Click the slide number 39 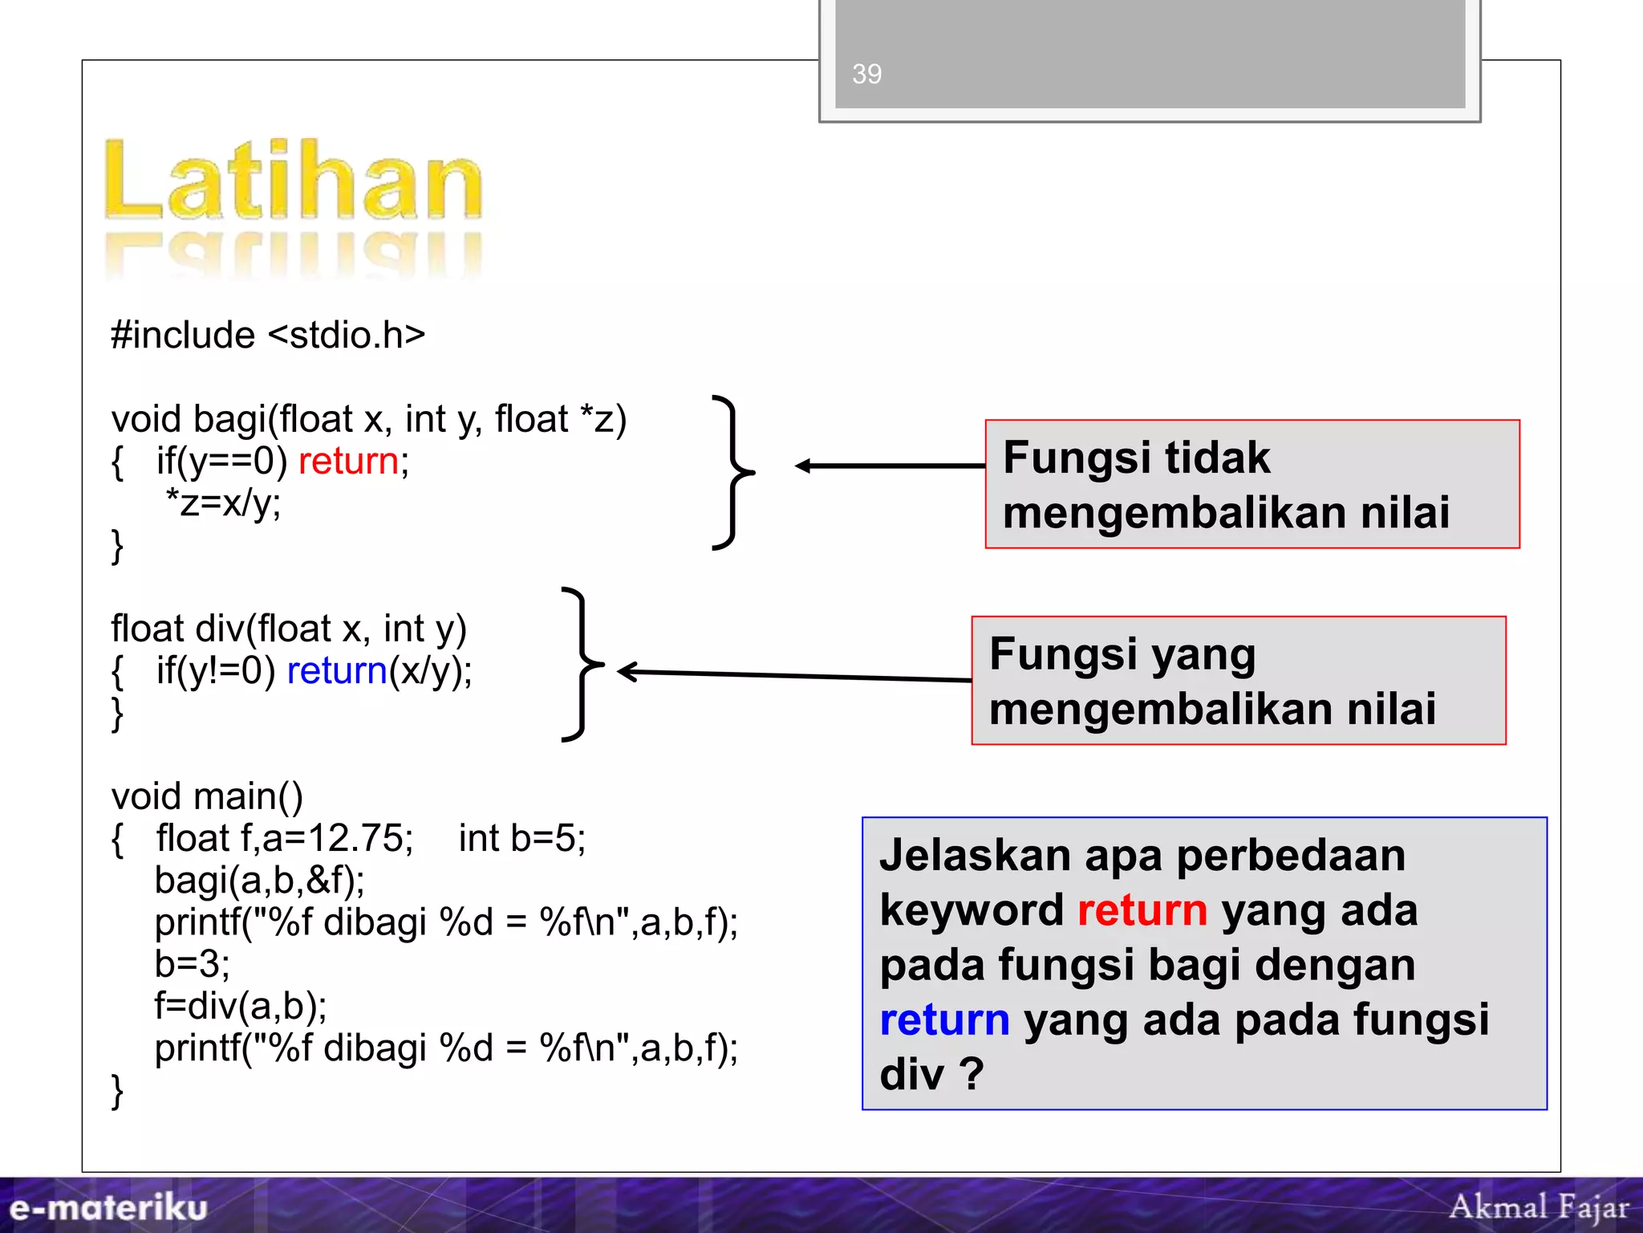[866, 74]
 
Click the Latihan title [294, 180]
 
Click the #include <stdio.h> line [268, 335]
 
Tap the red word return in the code [348, 462]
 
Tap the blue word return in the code [337, 671]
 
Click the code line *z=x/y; [223, 503]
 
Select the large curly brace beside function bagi [733, 472]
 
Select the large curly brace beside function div [583, 664]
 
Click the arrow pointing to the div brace [794, 676]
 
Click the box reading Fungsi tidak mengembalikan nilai [1252, 484]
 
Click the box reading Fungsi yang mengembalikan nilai [1238, 681]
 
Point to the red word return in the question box [1142, 910]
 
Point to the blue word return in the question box [944, 1019]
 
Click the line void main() [207, 796]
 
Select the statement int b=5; [521, 839]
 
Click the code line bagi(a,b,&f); [259, 881]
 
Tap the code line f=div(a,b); [241, 1006]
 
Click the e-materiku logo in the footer [108, 1207]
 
